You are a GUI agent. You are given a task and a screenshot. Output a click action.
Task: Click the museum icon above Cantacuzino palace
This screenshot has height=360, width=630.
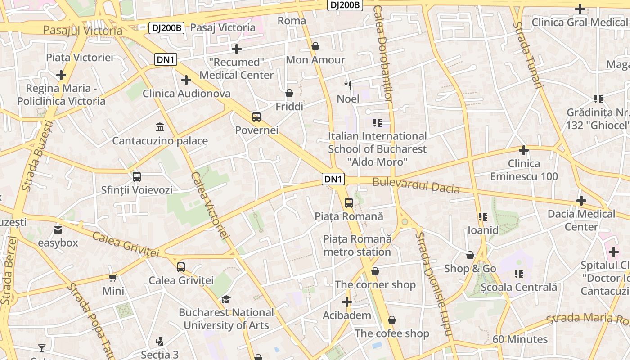pyautogui.click(x=159, y=127)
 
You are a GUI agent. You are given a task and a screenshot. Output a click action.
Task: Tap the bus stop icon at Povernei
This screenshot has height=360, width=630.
pyautogui.click(x=256, y=117)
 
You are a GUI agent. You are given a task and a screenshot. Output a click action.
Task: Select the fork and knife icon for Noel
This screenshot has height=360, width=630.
pyautogui.click(x=348, y=85)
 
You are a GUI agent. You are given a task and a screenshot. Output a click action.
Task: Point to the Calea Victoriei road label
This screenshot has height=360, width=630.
pyautogui.click(x=210, y=205)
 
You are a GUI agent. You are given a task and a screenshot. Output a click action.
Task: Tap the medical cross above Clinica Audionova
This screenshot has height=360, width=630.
pyautogui.click(x=186, y=80)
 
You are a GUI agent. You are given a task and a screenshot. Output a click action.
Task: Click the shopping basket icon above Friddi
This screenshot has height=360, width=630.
pyautogui.click(x=289, y=93)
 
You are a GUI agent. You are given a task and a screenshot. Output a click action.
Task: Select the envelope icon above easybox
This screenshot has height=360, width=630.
pyautogui.click(x=58, y=230)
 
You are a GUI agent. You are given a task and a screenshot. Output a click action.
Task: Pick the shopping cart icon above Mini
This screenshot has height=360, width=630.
pyautogui.click(x=113, y=278)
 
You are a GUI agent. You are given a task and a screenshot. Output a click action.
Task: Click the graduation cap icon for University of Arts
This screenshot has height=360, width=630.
pyautogui.click(x=226, y=299)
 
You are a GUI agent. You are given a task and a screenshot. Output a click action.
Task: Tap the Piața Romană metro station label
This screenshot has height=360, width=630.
pyautogui.click(x=357, y=245)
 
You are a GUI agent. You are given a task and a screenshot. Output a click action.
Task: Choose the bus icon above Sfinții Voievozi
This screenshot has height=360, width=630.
pyautogui.click(x=137, y=177)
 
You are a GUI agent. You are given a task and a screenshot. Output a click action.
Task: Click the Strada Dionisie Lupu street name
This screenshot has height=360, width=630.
pyautogui.click(x=433, y=283)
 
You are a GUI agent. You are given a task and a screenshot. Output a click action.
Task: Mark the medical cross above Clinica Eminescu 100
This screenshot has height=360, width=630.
pyautogui.click(x=523, y=150)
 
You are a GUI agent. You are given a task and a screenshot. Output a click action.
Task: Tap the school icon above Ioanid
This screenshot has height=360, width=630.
pyautogui.click(x=483, y=217)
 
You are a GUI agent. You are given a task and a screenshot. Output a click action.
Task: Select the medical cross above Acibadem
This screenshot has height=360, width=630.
pyautogui.click(x=346, y=301)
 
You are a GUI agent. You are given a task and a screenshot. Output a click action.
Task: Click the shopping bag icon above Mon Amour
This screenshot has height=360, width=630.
pyautogui.click(x=315, y=46)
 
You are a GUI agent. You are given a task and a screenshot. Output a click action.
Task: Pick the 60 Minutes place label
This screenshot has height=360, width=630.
pyautogui.click(x=520, y=339)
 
